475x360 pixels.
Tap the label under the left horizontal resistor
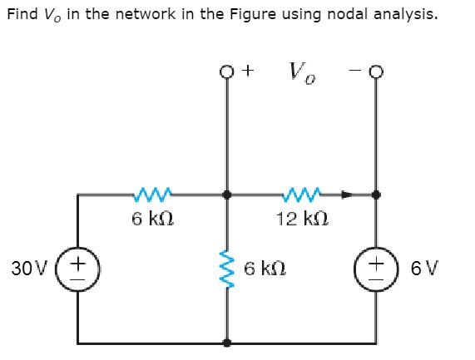[x=151, y=219]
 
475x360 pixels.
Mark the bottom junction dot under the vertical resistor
[x=227, y=342]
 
